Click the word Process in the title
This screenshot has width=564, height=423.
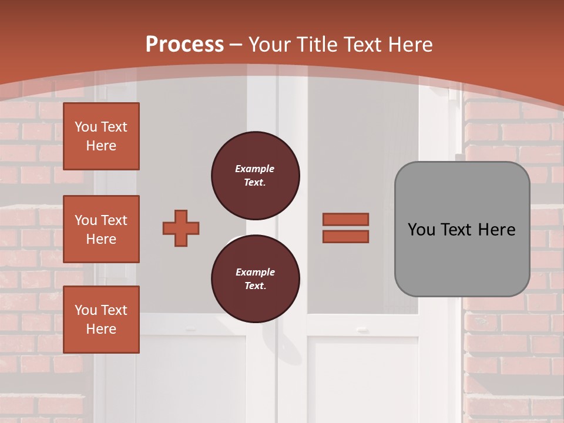pyautogui.click(x=184, y=45)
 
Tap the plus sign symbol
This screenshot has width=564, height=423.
pyautogui.click(x=181, y=228)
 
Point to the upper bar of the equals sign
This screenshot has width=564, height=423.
pyautogui.click(x=345, y=219)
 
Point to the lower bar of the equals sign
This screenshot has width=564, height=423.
pyautogui.click(x=345, y=236)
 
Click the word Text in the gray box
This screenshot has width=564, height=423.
pyautogui.click(x=461, y=230)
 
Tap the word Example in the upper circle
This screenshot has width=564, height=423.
pyautogui.click(x=255, y=169)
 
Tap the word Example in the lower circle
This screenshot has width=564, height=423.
pyautogui.click(x=255, y=272)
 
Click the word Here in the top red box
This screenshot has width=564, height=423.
pyautogui.click(x=101, y=146)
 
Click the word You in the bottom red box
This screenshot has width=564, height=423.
pyautogui.click(x=86, y=310)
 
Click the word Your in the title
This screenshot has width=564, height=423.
pyautogui.click(x=270, y=45)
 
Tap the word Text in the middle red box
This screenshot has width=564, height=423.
pyautogui.click(x=114, y=220)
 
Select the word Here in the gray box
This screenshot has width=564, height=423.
pyautogui.click(x=496, y=230)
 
